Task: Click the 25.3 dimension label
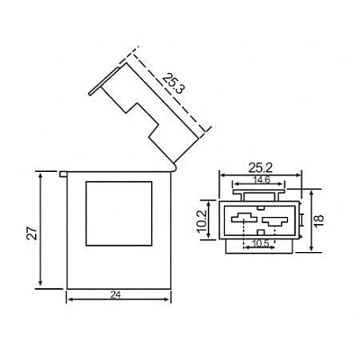(173, 84)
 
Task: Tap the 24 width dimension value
(115, 295)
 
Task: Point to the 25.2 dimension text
(260, 168)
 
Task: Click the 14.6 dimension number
(262, 180)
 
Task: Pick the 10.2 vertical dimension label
(202, 220)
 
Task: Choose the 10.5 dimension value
(260, 243)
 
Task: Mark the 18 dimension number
(319, 218)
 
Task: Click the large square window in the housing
(119, 213)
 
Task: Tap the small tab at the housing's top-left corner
(63, 174)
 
